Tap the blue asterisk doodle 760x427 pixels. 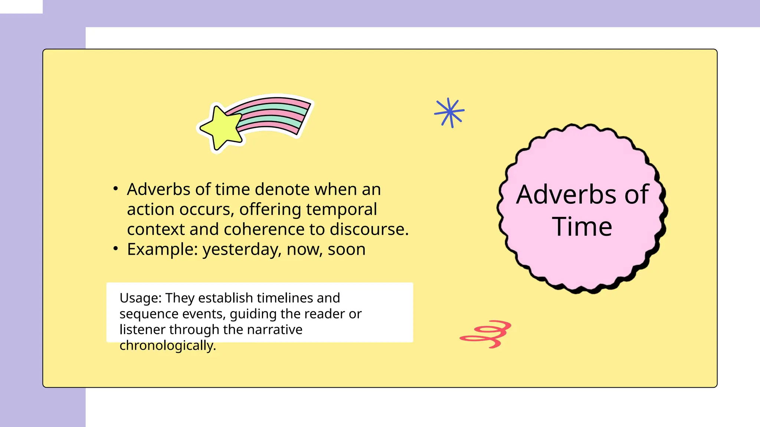tap(449, 112)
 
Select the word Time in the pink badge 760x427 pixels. tap(582, 226)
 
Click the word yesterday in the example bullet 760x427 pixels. tap(242, 250)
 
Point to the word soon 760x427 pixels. tap(347, 249)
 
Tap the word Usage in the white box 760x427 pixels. tap(139, 298)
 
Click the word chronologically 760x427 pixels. tap(167, 345)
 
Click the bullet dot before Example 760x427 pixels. tap(116, 248)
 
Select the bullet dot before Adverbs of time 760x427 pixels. tap(116, 189)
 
